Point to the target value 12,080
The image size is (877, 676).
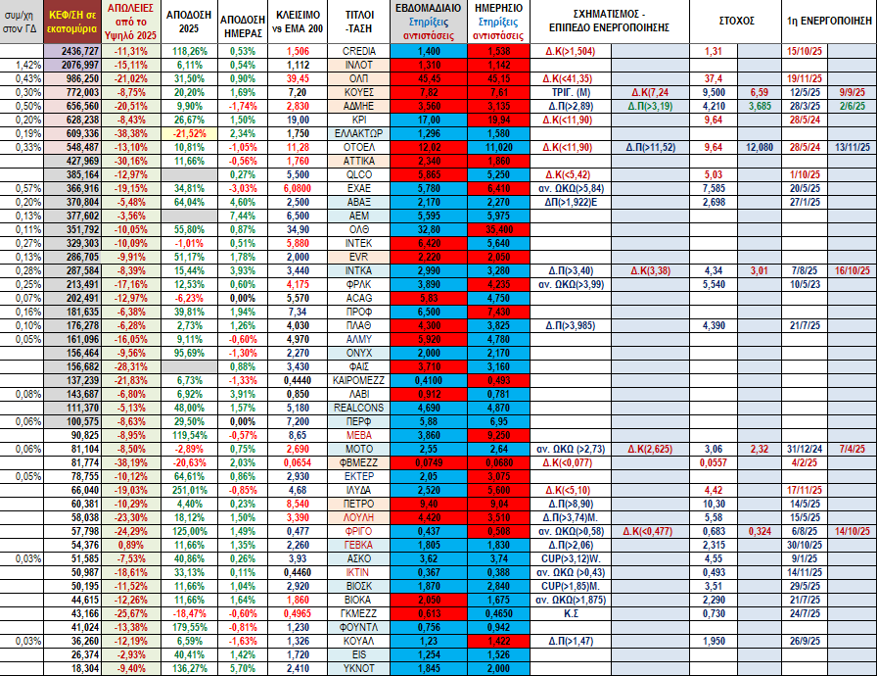[759, 146]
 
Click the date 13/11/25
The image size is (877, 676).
[854, 146]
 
